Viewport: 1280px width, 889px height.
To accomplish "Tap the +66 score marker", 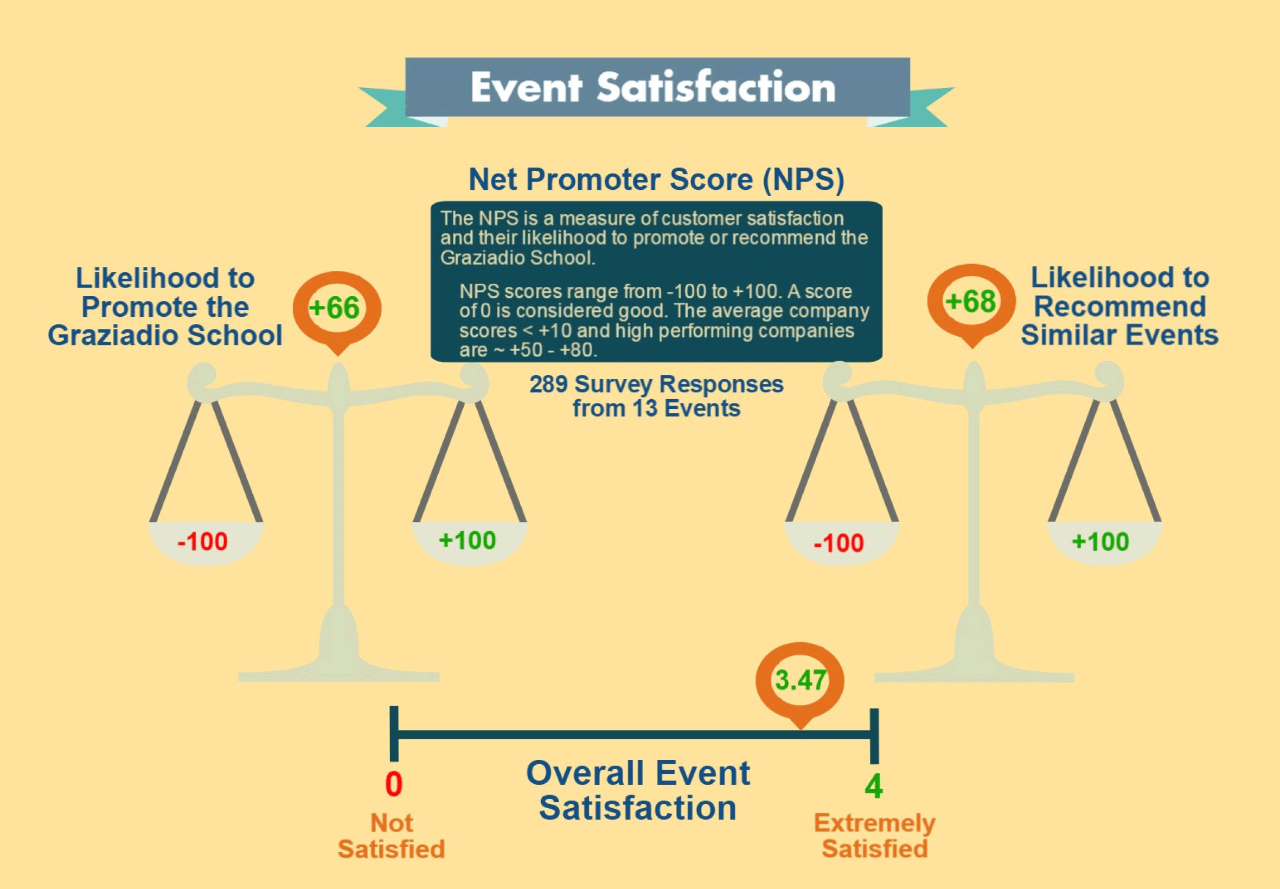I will point(335,308).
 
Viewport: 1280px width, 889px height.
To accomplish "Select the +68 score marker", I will point(971,302).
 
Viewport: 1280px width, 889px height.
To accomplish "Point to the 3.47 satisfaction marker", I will point(801,680).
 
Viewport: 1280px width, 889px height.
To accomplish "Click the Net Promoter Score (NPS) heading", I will point(656,180).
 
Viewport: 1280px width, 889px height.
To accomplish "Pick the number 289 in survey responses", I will point(548,385).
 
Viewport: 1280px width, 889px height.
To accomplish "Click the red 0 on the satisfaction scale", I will point(394,784).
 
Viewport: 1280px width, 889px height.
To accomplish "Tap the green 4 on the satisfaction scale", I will point(873,786).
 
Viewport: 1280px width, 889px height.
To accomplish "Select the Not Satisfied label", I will point(391,836).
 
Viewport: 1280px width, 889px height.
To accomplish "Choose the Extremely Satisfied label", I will point(874,836).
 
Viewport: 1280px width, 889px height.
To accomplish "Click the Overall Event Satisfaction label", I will point(638,790).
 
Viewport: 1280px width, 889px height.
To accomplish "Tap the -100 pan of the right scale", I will point(840,543).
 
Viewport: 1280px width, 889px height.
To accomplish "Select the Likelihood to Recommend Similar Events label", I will point(1119,306).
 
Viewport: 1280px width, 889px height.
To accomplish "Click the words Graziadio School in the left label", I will point(165,335).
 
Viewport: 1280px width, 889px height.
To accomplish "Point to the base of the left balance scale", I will point(338,668).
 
